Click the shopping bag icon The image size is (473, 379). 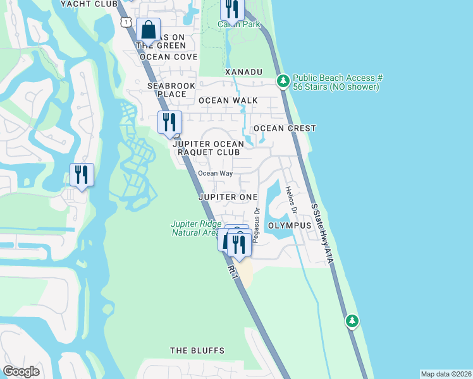[147, 30]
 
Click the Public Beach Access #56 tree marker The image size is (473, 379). [283, 81]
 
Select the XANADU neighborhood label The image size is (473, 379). [243, 73]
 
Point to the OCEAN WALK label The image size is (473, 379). [228, 100]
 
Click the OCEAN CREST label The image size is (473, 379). [285, 128]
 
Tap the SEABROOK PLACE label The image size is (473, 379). [167, 90]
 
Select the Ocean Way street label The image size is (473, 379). [215, 174]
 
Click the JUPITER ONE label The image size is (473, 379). [228, 197]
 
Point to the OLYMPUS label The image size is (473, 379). [290, 226]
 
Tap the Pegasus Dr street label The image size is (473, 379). [257, 226]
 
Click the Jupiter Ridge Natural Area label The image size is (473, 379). [195, 228]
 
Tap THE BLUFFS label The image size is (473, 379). [197, 351]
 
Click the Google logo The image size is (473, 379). [21, 371]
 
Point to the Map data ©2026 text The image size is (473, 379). [445, 374]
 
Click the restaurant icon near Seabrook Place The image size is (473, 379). [169, 123]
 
